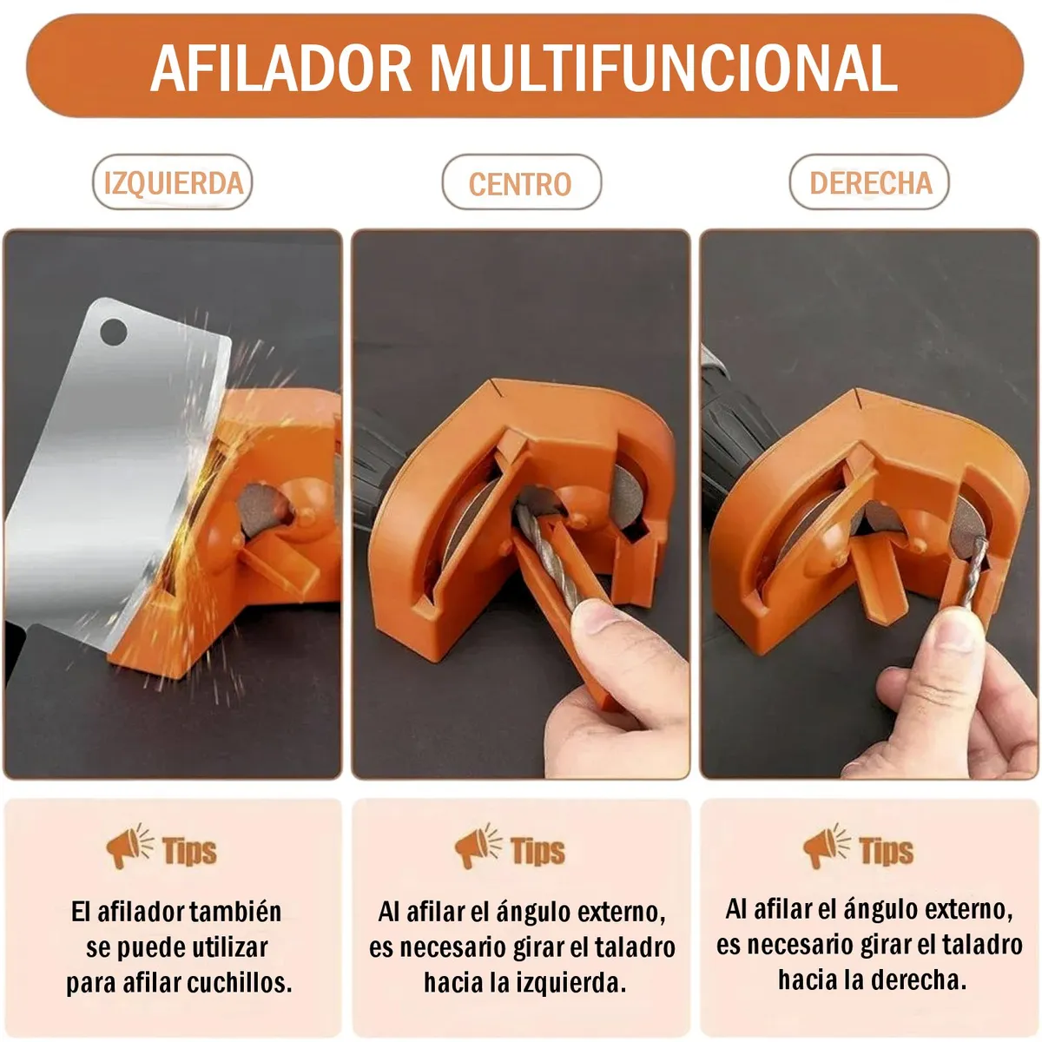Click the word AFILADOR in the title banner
click(281, 69)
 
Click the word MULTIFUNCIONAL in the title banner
click(663, 69)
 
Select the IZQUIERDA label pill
click(173, 182)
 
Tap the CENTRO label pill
click(521, 182)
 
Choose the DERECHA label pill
click(869, 182)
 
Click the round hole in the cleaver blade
click(114, 332)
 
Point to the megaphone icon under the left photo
click(129, 846)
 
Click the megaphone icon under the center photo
click(478, 846)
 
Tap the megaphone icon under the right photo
click(827, 846)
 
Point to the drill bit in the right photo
click(975, 571)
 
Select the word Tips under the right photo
click(886, 851)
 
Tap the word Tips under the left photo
click(189, 851)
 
